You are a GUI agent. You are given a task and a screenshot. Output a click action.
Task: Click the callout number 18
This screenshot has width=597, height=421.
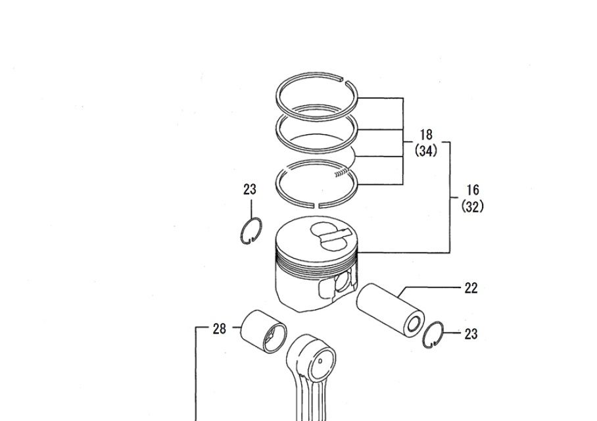(426, 134)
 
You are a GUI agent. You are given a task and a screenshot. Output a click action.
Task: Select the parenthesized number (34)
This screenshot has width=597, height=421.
(426, 151)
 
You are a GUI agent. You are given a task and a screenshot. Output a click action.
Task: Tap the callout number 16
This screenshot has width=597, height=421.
(473, 189)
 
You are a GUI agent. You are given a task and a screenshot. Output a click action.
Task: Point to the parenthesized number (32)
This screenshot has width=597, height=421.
(473, 206)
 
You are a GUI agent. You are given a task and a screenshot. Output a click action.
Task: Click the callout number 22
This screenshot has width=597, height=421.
(471, 288)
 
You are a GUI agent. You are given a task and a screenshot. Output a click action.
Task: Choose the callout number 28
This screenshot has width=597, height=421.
(220, 328)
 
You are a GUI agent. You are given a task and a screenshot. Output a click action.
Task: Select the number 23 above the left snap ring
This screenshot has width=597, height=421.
(250, 189)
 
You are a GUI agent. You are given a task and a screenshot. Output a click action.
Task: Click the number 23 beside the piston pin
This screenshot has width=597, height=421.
(471, 334)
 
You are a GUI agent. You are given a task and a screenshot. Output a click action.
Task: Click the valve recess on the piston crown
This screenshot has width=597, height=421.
(329, 237)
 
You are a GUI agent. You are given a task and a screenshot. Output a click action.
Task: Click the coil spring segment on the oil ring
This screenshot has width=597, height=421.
(342, 173)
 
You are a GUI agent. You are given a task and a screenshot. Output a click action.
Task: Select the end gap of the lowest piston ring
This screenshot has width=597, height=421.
(316, 206)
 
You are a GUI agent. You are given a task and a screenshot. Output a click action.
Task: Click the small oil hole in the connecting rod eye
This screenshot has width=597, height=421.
(320, 360)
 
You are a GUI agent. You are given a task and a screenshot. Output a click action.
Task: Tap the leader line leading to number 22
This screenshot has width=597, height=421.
(429, 288)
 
